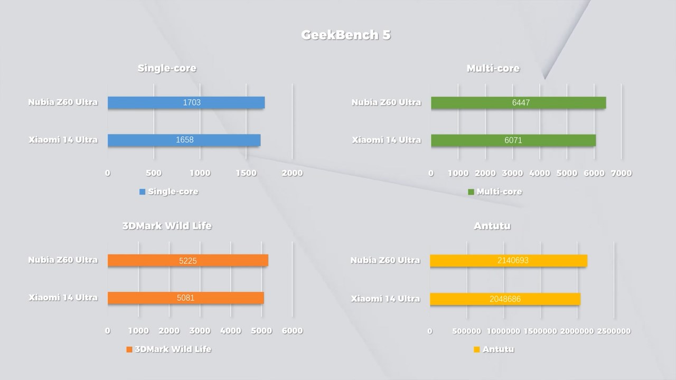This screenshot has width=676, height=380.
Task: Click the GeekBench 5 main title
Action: point(346,35)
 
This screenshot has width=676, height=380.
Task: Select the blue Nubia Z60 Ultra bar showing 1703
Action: point(186,102)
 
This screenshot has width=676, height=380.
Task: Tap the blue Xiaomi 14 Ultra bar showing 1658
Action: point(184,140)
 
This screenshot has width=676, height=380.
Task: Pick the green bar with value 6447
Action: point(518,102)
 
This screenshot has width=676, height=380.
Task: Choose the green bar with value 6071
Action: point(513,140)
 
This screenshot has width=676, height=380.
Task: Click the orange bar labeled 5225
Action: point(187,260)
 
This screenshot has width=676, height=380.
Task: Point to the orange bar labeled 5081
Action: point(185,298)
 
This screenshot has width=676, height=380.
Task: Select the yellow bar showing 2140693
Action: point(508,260)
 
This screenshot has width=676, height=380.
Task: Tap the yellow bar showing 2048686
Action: point(505,299)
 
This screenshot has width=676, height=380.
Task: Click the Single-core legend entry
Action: point(169,192)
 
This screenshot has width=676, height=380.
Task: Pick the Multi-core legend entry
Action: point(495,192)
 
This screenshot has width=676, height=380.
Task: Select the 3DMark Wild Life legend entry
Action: point(168,349)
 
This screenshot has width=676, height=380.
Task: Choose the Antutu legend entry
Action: point(494,349)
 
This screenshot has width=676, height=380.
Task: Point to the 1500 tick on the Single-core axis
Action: point(246,173)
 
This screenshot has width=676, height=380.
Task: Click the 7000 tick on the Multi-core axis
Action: point(621,173)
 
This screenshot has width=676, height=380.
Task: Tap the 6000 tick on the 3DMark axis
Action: point(292,331)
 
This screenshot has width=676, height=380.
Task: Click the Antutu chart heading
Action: point(492,226)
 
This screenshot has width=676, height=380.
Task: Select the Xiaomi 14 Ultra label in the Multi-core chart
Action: point(387,140)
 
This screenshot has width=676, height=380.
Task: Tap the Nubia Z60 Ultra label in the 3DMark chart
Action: point(63,260)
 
